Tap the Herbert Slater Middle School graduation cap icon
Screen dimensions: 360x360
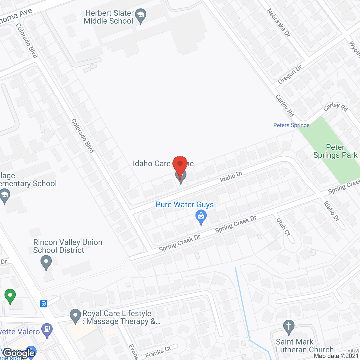coord(141,16)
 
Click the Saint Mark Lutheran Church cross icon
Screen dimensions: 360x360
coord(289,327)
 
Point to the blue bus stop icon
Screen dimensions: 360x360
coord(44,304)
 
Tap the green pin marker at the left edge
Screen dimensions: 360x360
coord(10,296)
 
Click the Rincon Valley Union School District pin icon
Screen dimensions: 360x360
coord(46,263)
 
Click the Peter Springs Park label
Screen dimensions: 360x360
coord(335,151)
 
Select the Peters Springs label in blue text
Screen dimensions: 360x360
coord(291,125)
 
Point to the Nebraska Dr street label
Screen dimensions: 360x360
coord(278,22)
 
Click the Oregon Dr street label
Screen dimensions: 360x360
coord(290,75)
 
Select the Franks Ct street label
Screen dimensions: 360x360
coord(158,352)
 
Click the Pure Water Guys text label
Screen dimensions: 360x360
coord(184,205)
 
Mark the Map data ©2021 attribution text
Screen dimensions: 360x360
coord(336,356)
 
